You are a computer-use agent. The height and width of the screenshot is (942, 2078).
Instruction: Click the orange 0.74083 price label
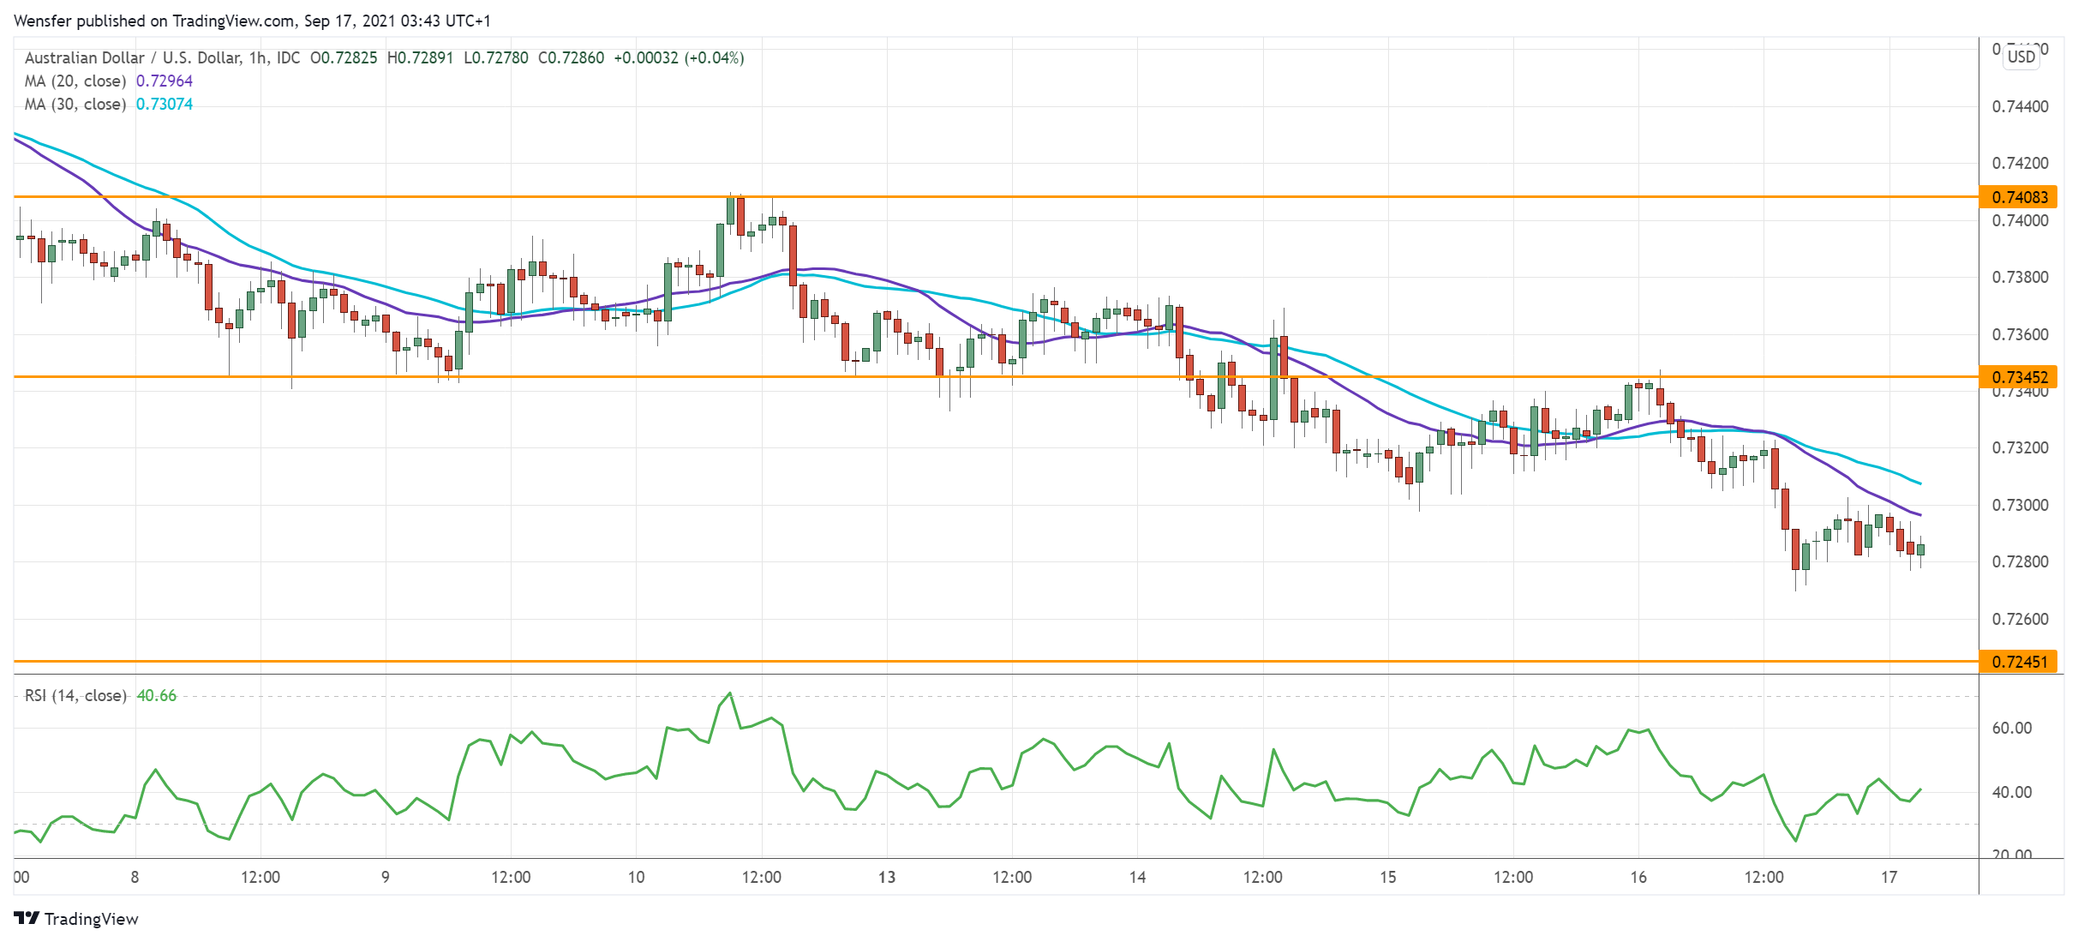(x=2019, y=197)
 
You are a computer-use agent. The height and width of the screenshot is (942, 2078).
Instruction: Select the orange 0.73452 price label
(x=2019, y=377)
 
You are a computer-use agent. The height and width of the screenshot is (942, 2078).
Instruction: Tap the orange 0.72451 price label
(x=2019, y=662)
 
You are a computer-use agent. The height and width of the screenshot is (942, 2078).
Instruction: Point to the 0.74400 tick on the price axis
(x=2020, y=107)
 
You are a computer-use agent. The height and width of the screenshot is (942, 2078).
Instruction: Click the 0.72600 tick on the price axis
(x=2020, y=619)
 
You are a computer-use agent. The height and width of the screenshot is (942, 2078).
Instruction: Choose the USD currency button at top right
(x=2021, y=57)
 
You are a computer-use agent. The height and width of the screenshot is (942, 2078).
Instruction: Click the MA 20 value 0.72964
(x=165, y=81)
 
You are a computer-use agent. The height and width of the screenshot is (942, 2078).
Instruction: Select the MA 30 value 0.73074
(x=165, y=105)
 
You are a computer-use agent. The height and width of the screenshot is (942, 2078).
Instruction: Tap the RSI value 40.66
(x=157, y=696)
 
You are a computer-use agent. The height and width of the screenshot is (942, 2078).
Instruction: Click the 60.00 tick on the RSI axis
(x=2011, y=729)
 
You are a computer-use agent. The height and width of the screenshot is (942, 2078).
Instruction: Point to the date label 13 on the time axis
(x=887, y=877)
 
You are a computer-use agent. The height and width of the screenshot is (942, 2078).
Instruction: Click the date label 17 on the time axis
(x=1889, y=877)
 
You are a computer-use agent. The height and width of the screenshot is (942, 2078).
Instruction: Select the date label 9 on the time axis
(x=386, y=877)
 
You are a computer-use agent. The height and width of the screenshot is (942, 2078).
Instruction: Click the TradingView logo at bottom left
(x=76, y=919)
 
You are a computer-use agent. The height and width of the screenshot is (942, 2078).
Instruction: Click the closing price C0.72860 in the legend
(x=571, y=58)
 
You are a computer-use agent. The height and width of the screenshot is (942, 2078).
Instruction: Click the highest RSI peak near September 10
(x=729, y=693)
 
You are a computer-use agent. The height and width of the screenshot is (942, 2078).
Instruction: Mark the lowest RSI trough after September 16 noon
(x=1795, y=841)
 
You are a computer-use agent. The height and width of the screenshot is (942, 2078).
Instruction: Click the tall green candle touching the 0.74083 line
(x=730, y=211)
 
